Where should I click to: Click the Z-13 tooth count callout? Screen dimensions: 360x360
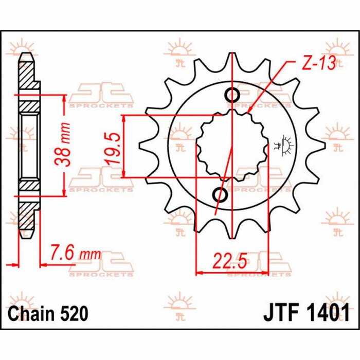[x=319, y=63]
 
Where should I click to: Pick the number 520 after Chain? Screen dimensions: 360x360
[x=72, y=313]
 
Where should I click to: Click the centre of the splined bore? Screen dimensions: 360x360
[x=232, y=145]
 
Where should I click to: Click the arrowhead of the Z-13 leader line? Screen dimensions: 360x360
[x=248, y=112]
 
